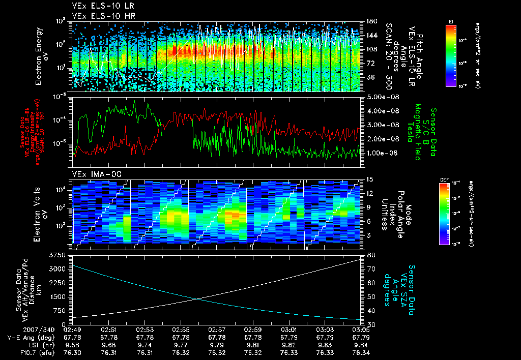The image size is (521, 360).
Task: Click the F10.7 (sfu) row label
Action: click(35, 352)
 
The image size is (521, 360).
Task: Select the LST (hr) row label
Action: click(42, 345)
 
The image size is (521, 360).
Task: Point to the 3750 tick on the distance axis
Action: click(60, 254)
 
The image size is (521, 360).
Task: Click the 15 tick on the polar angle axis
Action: click(370, 179)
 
